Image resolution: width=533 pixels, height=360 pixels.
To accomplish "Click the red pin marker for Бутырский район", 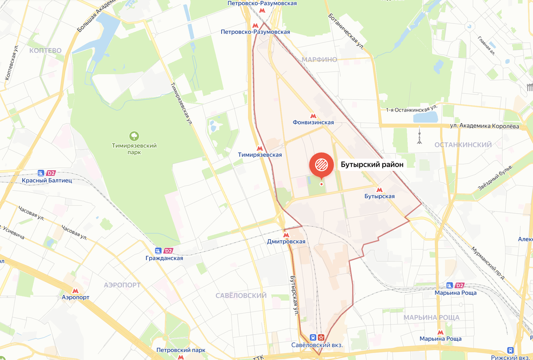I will pyautogui.click(x=321, y=165).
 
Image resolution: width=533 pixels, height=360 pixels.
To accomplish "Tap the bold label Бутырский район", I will pyautogui.click(x=372, y=164).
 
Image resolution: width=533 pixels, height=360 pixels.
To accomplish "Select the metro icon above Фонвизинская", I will pyautogui.click(x=313, y=115).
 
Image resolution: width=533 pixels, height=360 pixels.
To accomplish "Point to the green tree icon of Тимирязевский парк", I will pyautogui.click(x=133, y=135).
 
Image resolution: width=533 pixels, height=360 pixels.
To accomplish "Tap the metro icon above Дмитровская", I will pyautogui.click(x=286, y=234).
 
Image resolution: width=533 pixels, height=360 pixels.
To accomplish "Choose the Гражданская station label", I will pyautogui.click(x=164, y=258).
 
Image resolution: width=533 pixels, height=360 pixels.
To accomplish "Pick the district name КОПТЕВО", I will pyautogui.click(x=45, y=51).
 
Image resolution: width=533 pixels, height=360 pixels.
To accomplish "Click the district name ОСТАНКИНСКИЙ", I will pyautogui.click(x=463, y=145).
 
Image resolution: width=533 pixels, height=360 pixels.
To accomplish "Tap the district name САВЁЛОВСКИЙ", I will pyautogui.click(x=241, y=296).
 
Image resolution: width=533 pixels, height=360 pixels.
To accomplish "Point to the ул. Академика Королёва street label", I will pyautogui.click(x=484, y=126).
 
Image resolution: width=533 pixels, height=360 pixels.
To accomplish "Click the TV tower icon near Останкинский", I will pyautogui.click(x=418, y=136).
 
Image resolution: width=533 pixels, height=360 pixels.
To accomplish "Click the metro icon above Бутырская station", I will pyautogui.click(x=379, y=189).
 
